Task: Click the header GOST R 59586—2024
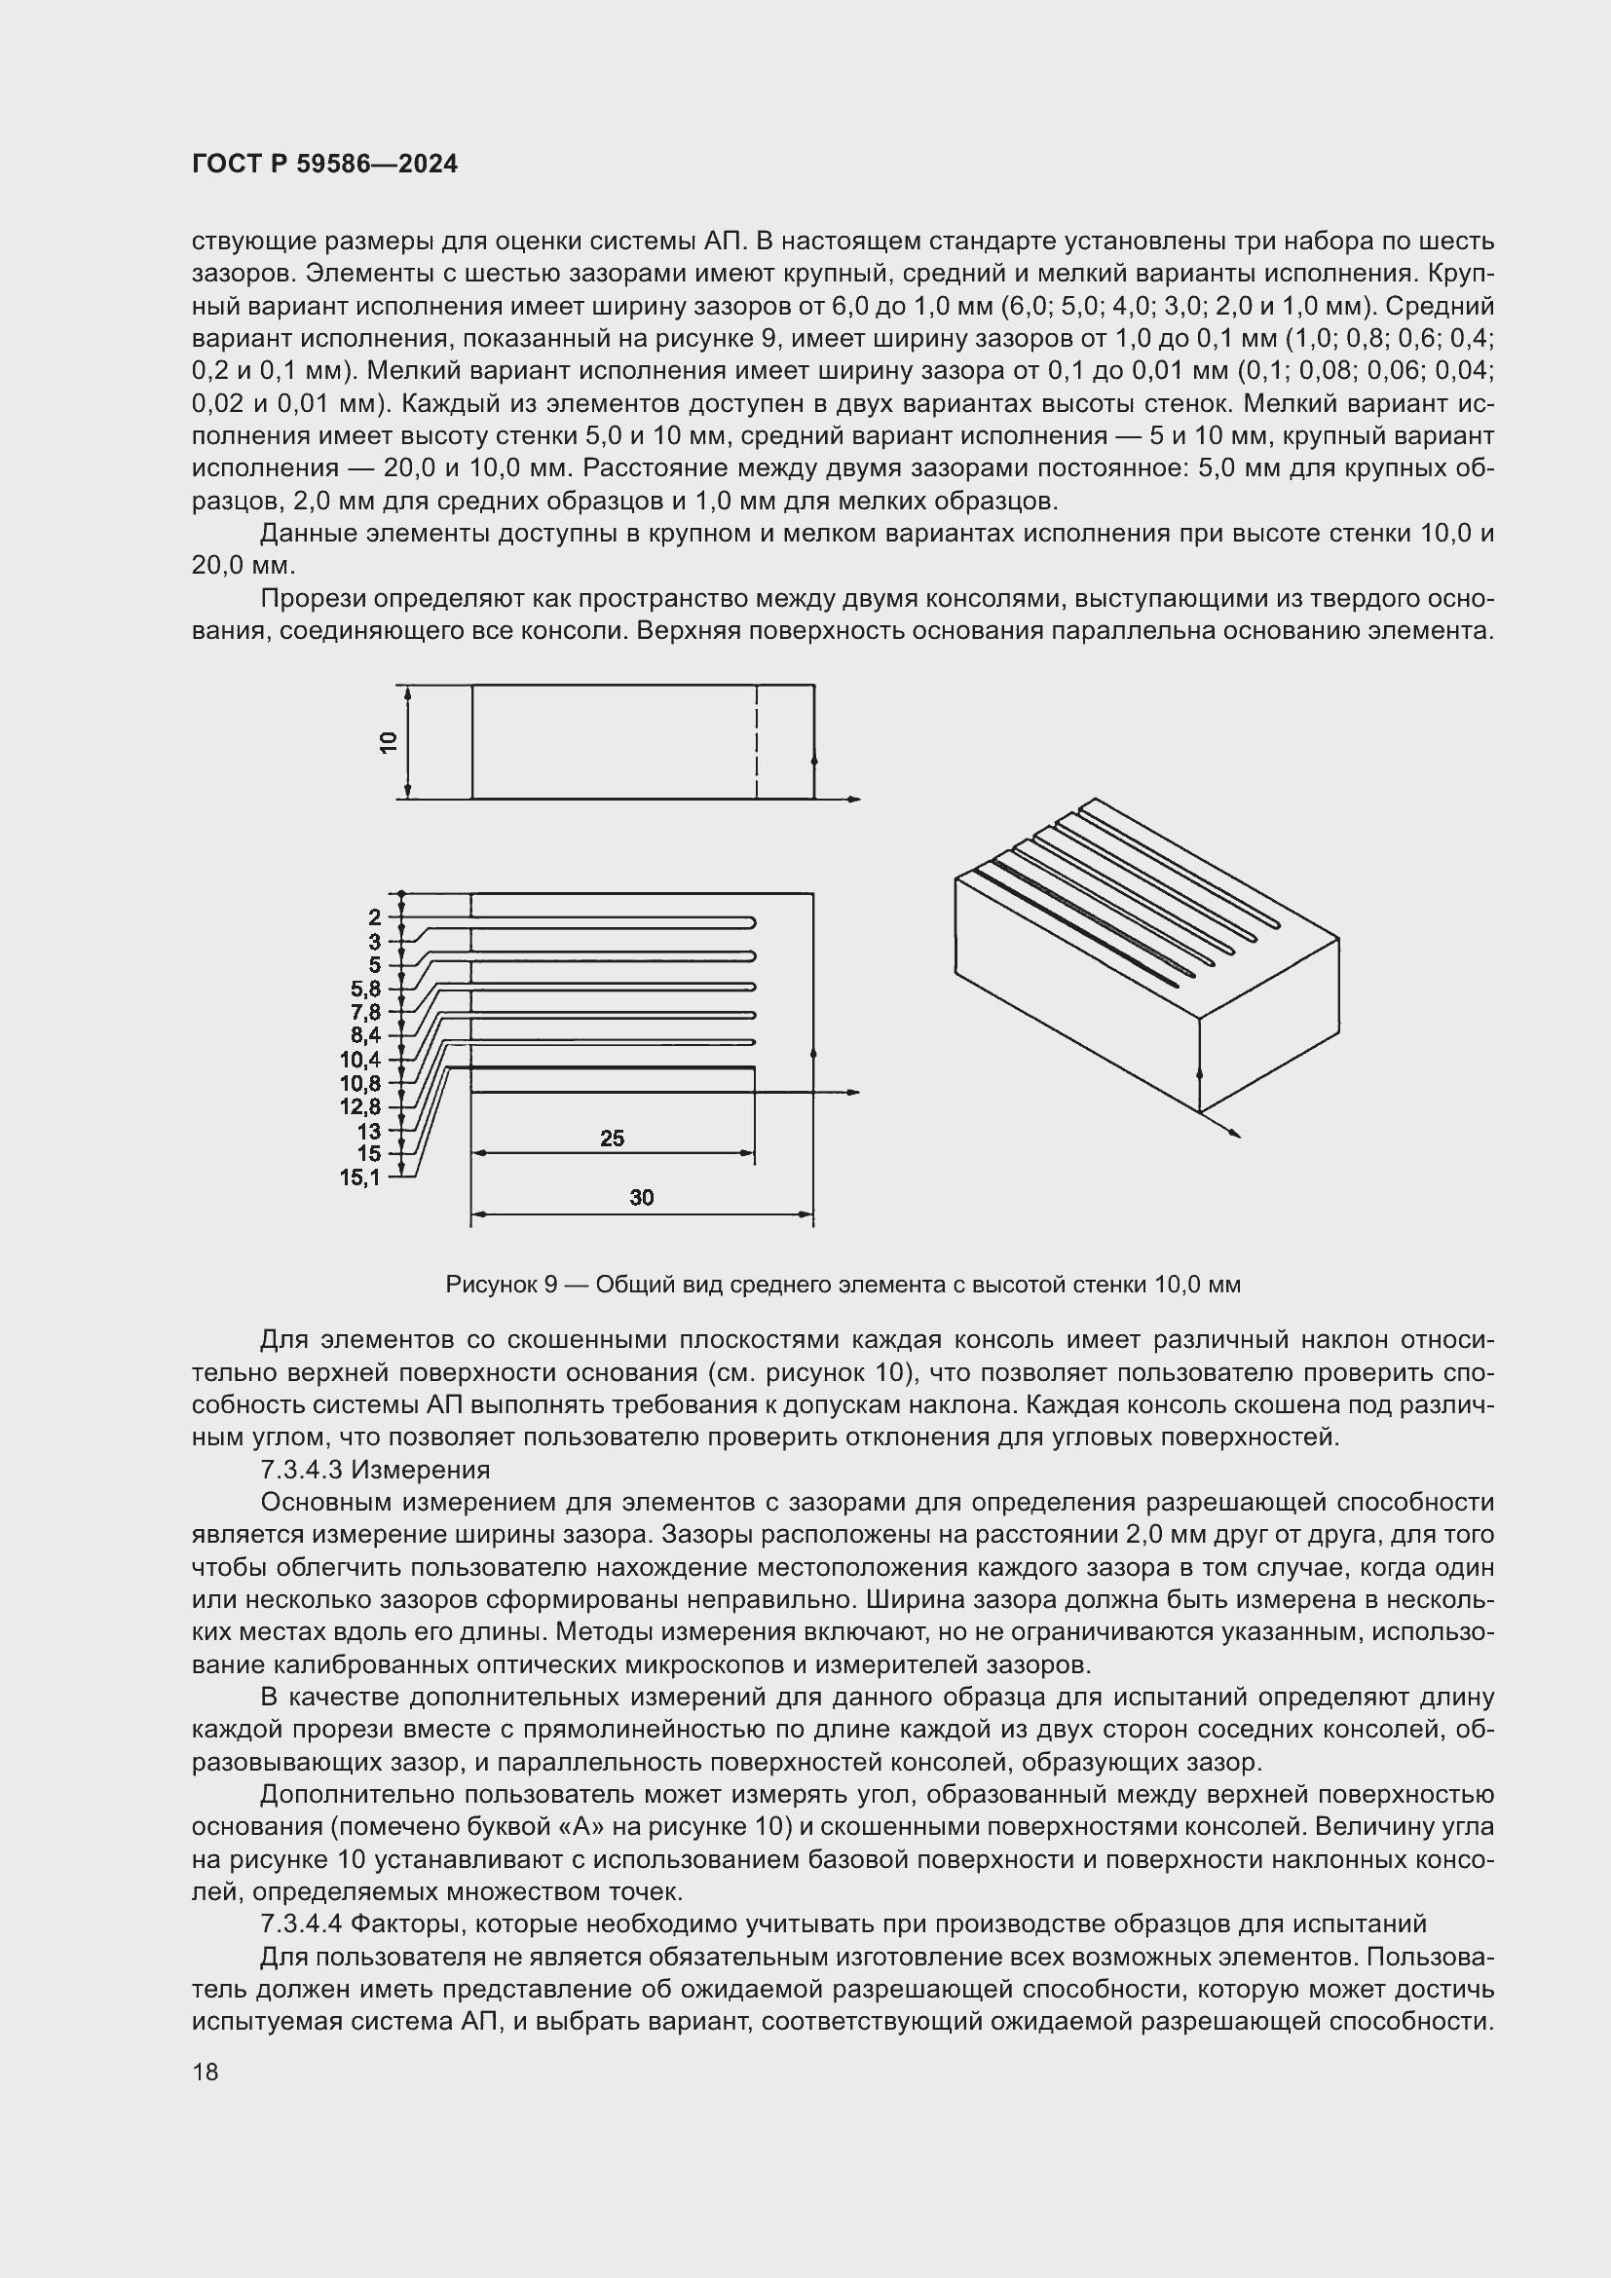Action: (x=324, y=165)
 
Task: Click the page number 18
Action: (x=206, y=2072)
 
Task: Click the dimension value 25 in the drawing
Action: (x=612, y=1138)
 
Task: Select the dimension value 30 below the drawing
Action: (x=641, y=1198)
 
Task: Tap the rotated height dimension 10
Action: (x=389, y=741)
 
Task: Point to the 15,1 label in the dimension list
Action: (x=360, y=1177)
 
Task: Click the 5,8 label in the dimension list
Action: (x=365, y=989)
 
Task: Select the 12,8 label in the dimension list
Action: (x=360, y=1106)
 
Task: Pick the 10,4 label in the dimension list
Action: (x=360, y=1060)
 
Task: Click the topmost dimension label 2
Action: (x=374, y=917)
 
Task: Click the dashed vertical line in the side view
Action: (x=757, y=741)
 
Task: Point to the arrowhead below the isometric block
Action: (x=1235, y=1133)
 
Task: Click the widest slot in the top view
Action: (x=611, y=1079)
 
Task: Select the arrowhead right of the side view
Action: (x=855, y=799)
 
